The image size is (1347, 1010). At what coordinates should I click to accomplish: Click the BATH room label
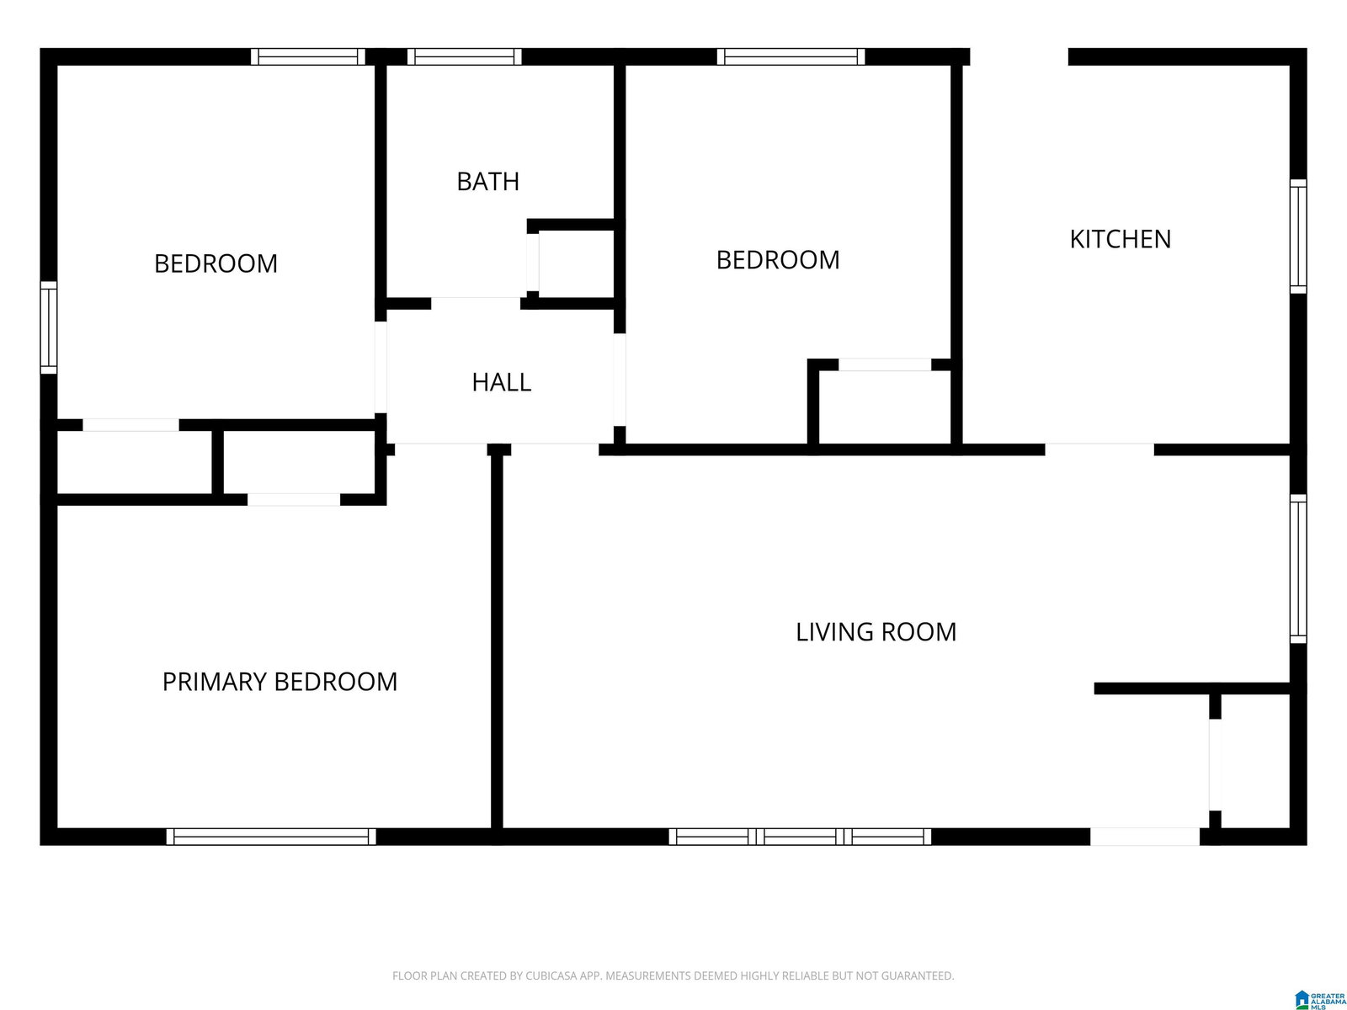(487, 182)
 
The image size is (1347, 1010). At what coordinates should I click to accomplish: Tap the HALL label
(502, 383)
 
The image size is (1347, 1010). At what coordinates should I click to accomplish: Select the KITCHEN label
(1120, 239)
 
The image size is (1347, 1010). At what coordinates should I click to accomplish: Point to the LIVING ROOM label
(876, 632)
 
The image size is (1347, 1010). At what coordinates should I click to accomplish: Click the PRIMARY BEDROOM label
(280, 682)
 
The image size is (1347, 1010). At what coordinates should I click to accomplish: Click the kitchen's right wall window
(1298, 237)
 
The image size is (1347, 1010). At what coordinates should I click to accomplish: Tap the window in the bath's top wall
(465, 56)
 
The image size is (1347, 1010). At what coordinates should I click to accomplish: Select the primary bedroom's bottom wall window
(270, 837)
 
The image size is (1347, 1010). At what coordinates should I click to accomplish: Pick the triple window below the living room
(800, 837)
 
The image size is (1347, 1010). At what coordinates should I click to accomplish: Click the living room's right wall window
(1298, 568)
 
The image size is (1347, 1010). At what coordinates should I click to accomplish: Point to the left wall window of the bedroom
(49, 327)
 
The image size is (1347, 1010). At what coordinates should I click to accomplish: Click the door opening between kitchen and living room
(1099, 449)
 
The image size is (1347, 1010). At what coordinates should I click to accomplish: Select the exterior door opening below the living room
(1144, 837)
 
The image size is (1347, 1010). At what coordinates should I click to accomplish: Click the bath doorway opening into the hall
(476, 304)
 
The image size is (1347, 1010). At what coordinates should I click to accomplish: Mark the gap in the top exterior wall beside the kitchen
(1019, 56)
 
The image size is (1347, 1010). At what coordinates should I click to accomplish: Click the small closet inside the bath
(576, 263)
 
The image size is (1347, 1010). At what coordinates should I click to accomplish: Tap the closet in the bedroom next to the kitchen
(884, 407)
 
